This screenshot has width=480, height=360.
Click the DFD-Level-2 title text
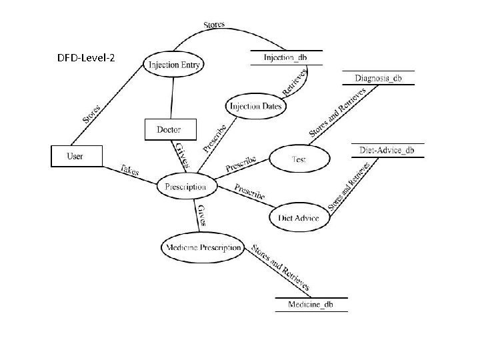pos(87,58)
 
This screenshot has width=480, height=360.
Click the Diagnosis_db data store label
pos(379,78)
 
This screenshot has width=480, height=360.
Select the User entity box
pos(76,157)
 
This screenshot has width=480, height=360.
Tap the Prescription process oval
pos(187,187)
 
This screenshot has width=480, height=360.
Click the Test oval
pos(299,159)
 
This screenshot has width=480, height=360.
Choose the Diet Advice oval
pos(299,217)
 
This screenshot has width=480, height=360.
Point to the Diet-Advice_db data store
pos(387,151)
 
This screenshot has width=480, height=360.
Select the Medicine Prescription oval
pos(203,247)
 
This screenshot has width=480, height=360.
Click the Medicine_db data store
pos(311,305)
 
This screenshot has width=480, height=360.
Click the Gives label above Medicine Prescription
pos(203,215)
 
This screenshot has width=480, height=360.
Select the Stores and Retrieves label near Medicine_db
pos(280,267)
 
